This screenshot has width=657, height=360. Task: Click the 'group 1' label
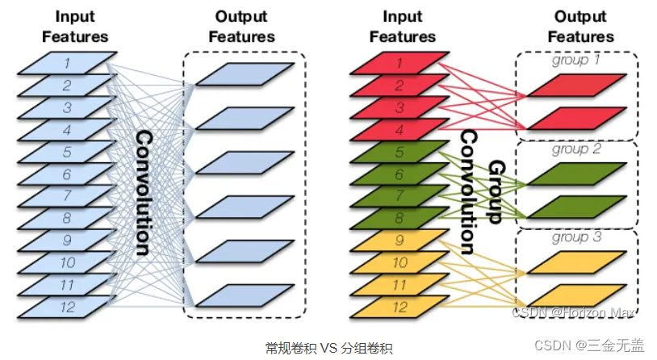coord(576,60)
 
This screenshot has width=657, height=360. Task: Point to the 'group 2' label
coord(576,149)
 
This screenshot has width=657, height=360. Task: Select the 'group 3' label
coord(576,237)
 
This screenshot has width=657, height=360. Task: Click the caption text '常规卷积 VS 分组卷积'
coord(328,349)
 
